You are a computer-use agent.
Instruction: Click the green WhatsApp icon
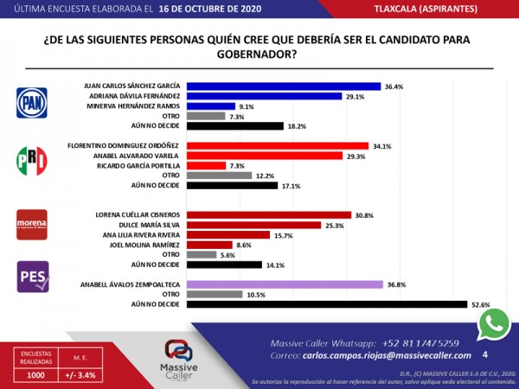(x=494, y=324)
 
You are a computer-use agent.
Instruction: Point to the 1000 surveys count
(x=37, y=375)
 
